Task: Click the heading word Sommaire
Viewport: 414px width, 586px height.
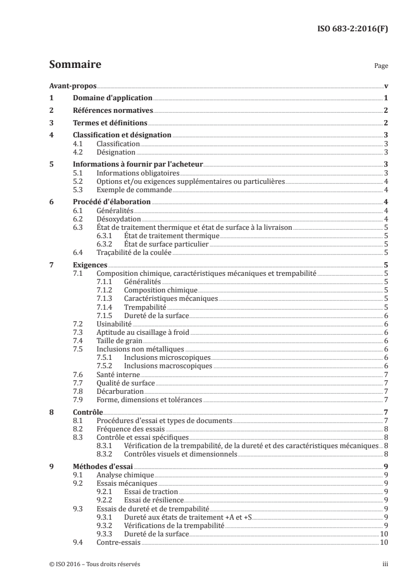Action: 75,65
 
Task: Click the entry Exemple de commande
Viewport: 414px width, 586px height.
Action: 127,189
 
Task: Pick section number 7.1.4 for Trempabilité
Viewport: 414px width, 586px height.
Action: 105,308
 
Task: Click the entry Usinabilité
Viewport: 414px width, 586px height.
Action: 114,324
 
